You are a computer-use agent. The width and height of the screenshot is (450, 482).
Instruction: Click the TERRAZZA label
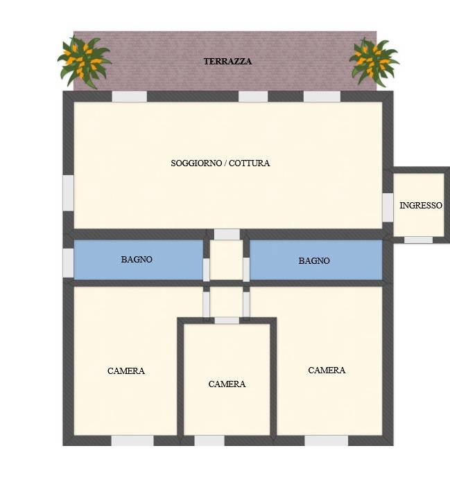pos(227,61)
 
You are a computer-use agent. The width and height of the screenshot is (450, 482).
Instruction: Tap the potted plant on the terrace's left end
pos(84,62)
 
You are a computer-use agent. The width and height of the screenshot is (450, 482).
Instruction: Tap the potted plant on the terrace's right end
pos(374,62)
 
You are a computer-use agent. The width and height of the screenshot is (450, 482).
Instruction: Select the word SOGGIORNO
pos(196,163)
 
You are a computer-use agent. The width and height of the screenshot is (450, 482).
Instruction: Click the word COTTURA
pos(250,163)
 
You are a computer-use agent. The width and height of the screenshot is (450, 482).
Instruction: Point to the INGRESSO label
pos(421,206)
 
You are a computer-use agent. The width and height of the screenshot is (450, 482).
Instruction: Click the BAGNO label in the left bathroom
pos(137,259)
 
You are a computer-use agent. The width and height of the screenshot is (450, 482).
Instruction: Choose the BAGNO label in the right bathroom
pos(314,260)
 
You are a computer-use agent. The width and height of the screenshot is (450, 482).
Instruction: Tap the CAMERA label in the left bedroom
pos(126,371)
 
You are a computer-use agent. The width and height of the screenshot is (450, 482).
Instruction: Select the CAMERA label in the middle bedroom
pos(227,384)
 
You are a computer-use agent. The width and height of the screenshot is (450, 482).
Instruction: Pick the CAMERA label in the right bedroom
pos(327,370)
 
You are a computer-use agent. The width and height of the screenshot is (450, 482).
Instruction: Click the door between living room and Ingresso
pos(388,208)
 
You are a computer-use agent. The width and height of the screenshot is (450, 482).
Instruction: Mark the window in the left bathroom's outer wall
pos(69,263)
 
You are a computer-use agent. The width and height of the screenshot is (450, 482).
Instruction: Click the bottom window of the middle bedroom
pos(209,440)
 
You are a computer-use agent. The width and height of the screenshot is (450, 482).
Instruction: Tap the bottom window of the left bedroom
pos(132,440)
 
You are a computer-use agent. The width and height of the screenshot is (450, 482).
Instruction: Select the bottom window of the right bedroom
pos(327,440)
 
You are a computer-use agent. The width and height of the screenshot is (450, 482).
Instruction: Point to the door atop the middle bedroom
pos(227,321)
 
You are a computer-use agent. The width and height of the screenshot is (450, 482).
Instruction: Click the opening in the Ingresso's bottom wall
pos(418,240)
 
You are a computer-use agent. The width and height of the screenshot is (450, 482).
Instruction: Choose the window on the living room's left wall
pos(69,193)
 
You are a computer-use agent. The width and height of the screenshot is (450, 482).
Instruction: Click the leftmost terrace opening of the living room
pos(130,96)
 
